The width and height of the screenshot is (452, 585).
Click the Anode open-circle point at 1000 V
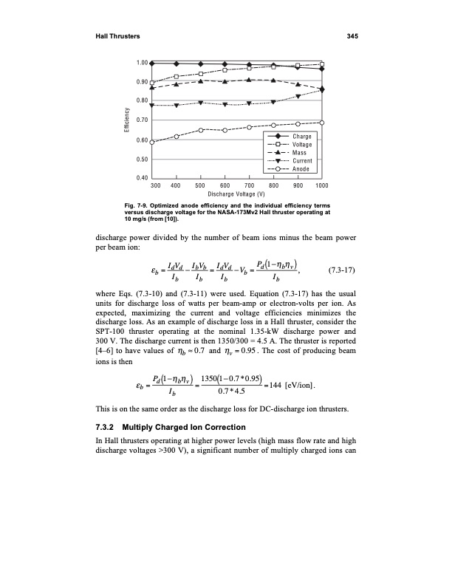pos(322,123)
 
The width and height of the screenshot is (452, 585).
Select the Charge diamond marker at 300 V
pos(152,64)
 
